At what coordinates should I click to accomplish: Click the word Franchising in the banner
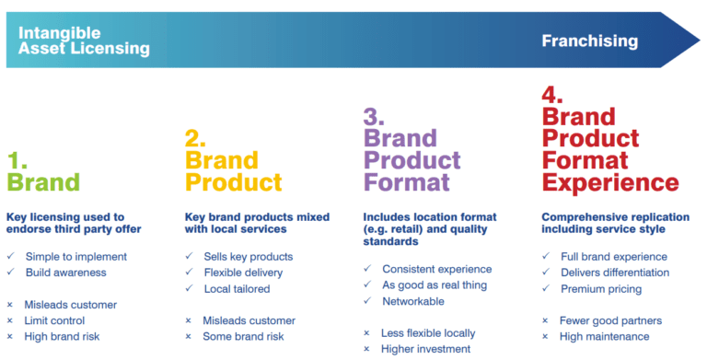589,41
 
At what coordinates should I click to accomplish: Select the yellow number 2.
195,139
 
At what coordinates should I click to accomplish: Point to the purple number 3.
376,117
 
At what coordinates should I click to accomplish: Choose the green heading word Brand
43,181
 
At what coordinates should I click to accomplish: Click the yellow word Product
234,181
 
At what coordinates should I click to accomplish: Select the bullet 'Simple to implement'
76,256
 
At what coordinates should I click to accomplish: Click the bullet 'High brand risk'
64,336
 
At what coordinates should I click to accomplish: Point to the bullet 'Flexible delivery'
244,273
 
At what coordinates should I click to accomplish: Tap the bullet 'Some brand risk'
244,336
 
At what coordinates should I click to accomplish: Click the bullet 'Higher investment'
425,349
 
